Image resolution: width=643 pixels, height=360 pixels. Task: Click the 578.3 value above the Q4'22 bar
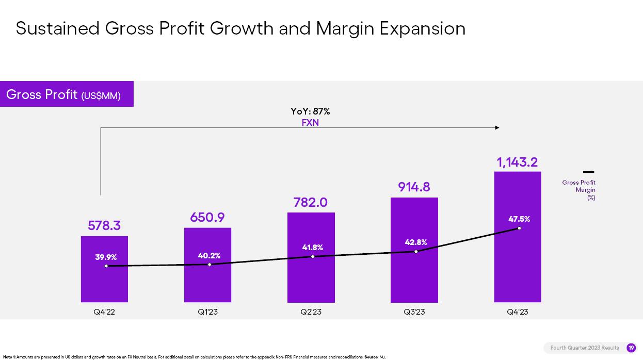(x=104, y=226)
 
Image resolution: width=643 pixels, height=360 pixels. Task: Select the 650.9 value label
(x=207, y=218)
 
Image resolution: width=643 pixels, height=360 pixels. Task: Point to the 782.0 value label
(x=311, y=203)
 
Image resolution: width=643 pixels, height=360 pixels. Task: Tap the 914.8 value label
(x=414, y=187)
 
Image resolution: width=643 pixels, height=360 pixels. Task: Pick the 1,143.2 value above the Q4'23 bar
(x=517, y=162)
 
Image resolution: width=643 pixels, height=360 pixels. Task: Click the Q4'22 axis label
(x=104, y=312)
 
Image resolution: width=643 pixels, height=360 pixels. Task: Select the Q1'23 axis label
(x=207, y=312)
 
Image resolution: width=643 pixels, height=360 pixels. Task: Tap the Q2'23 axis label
(x=311, y=312)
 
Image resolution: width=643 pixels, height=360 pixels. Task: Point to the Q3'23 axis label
(x=414, y=312)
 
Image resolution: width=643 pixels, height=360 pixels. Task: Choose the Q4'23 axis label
(x=517, y=312)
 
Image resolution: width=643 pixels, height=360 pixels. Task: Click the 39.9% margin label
(x=106, y=257)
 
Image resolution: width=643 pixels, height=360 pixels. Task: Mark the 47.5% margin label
(x=519, y=219)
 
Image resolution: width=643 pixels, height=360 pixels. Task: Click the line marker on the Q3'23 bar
(x=416, y=252)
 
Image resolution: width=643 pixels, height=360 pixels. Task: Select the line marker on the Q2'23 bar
(x=313, y=256)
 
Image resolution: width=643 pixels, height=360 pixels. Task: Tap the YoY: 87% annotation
(x=310, y=111)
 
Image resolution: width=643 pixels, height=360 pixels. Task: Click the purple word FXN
(x=310, y=123)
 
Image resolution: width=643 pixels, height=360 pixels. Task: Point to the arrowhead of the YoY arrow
(x=497, y=127)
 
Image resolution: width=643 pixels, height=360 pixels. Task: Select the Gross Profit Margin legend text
(x=579, y=190)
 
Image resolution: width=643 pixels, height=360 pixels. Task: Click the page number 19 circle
(x=631, y=348)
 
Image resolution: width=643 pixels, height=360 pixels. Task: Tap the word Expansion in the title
(x=422, y=28)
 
